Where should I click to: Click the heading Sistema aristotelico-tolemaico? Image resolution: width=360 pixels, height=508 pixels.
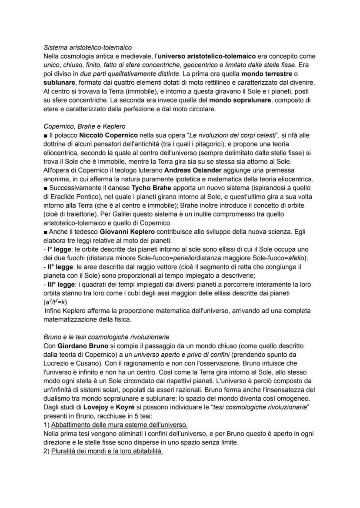(x=88, y=47)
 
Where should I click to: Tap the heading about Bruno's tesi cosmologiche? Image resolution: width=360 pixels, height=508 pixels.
(x=107, y=337)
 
